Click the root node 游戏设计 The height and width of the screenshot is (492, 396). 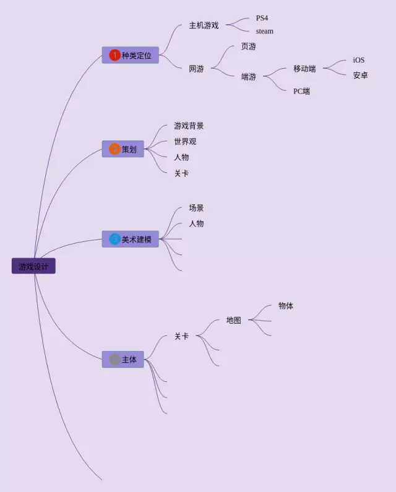click(33, 266)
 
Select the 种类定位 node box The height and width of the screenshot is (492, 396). click(131, 55)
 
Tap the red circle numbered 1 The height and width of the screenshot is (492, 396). click(114, 55)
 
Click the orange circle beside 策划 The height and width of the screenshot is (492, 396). click(114, 149)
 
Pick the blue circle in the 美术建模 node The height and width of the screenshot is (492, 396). click(114, 239)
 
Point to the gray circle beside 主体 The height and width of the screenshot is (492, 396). click(114, 360)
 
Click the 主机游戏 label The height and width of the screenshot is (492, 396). click(204, 25)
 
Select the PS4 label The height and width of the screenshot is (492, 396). click(262, 18)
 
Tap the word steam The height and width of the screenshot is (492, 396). click(264, 31)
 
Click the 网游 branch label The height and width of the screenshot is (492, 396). click(196, 69)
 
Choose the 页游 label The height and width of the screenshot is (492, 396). click(248, 46)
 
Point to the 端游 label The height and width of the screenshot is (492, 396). click(248, 77)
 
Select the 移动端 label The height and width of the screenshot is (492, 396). click(304, 69)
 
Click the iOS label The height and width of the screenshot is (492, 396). click(359, 60)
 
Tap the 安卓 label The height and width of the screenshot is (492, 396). click(360, 76)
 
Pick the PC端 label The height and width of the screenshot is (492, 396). click(301, 91)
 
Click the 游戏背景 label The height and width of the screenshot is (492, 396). click(189, 126)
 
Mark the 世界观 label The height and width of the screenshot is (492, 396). click(185, 141)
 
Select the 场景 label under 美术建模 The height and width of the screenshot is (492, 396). click(196, 208)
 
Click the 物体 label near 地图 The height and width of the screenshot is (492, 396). click(286, 306)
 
